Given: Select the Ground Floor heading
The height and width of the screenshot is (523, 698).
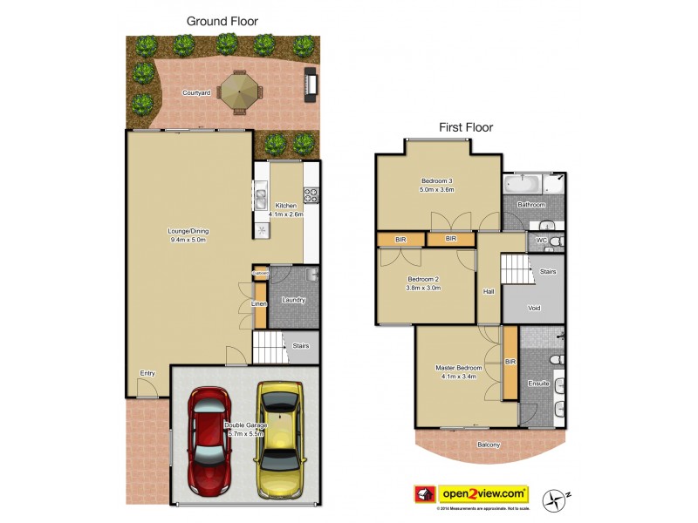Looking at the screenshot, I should point(222,20).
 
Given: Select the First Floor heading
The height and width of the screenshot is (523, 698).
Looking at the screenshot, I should point(466,127).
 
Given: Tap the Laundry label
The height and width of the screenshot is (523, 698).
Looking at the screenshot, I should point(293,301).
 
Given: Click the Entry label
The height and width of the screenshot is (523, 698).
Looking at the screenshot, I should point(147,373).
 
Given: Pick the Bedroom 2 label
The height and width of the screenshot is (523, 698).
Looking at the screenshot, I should point(424,283).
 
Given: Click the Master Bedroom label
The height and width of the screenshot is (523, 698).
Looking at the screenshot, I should point(459,371).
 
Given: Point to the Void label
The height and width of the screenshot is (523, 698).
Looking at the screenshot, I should point(534,308).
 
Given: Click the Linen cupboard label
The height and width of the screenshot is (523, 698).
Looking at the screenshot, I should point(259,303).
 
